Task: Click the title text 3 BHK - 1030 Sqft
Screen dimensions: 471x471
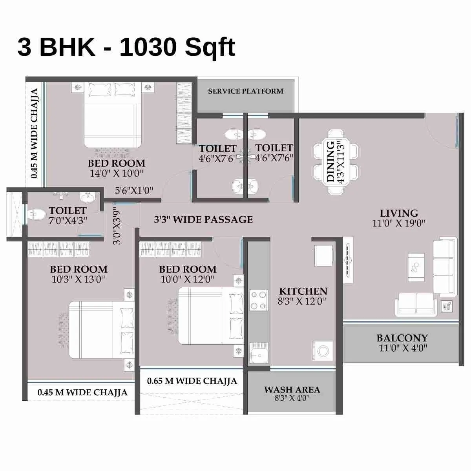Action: [126, 47]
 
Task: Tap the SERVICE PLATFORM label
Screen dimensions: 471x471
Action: [246, 91]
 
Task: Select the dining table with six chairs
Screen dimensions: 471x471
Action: [336, 162]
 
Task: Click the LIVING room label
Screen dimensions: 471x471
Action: [399, 214]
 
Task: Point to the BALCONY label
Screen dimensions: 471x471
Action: [402, 338]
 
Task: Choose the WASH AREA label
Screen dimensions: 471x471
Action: [292, 390]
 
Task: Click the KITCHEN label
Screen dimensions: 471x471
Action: [303, 291]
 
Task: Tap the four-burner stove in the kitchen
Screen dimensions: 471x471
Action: [259, 300]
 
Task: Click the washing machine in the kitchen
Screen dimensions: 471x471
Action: [323, 351]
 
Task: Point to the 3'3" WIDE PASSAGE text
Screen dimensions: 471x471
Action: [203, 219]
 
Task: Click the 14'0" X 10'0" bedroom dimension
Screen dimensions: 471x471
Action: [117, 173]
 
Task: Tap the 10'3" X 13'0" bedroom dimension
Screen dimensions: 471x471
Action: [78, 279]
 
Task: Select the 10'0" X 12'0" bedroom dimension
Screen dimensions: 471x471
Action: [188, 279]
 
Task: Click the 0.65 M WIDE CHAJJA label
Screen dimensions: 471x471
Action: [192, 381]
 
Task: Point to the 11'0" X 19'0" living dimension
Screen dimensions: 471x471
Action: [399, 224]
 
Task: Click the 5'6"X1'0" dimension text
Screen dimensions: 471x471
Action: [134, 191]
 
